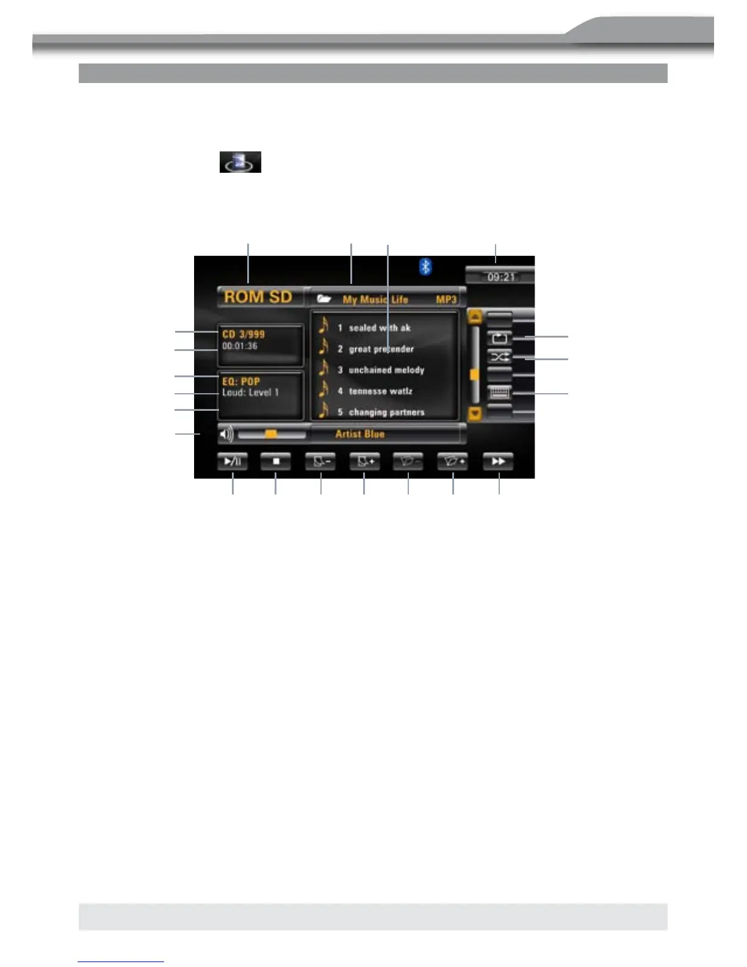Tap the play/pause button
click(233, 462)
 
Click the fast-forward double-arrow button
click(498, 462)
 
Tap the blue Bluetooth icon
click(425, 266)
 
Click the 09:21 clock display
click(500, 277)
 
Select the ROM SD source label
click(258, 297)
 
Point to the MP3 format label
click(446, 300)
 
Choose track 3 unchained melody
click(386, 370)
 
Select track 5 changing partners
click(386, 412)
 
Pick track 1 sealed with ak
click(379, 328)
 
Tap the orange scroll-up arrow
click(475, 317)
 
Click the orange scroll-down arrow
click(475, 413)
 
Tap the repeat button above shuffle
click(499, 338)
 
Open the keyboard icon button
click(499, 392)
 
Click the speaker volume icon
click(226, 435)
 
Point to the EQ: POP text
click(241, 382)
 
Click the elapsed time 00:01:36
click(240, 346)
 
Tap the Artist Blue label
click(360, 434)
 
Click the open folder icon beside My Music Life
click(324, 299)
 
